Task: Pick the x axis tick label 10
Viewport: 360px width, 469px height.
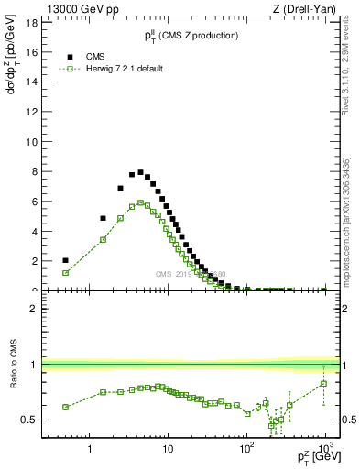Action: (168, 451)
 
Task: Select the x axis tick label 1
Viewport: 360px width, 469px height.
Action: (90, 451)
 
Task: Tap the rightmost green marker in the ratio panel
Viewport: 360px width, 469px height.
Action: (324, 384)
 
